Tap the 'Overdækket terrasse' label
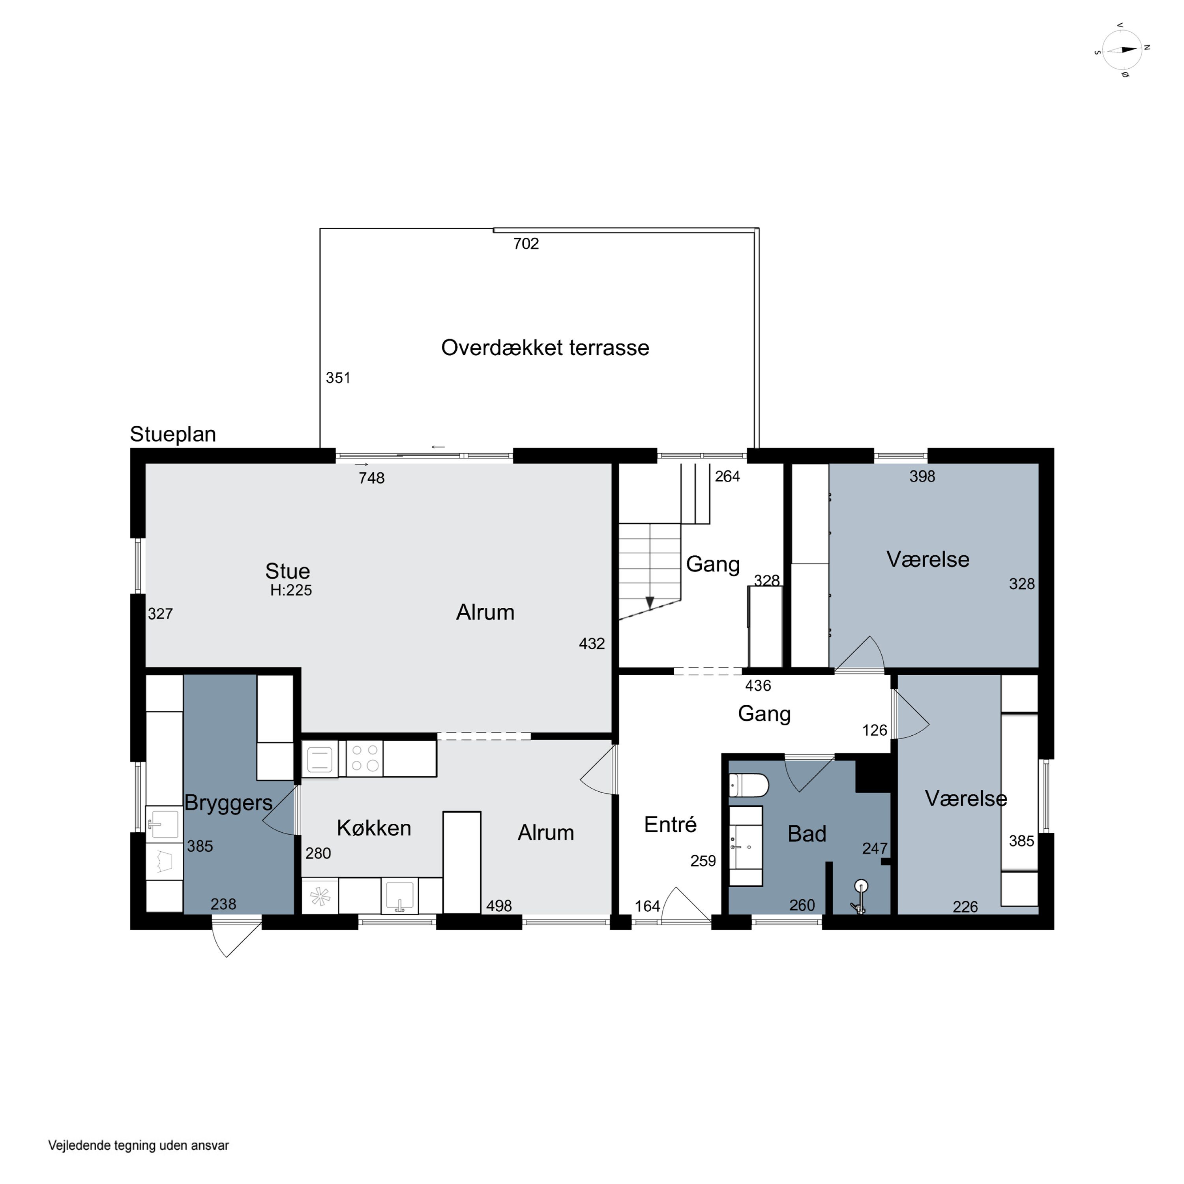(545, 347)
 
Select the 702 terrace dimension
(526, 244)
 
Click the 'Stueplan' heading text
(173, 434)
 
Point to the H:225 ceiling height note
(291, 590)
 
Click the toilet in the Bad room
(748, 785)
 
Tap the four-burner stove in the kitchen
(365, 758)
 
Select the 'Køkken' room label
(374, 828)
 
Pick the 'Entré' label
(671, 824)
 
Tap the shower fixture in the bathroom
(860, 897)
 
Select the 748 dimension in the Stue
(371, 478)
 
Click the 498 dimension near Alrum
(499, 906)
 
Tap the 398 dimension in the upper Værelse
(922, 476)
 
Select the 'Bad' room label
(807, 834)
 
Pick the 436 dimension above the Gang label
(758, 686)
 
